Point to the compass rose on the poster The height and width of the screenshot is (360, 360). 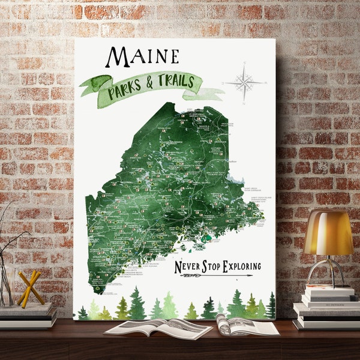(x=244, y=83)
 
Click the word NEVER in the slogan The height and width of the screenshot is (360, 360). (x=188, y=267)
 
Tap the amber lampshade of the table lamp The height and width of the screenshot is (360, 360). (x=328, y=233)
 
